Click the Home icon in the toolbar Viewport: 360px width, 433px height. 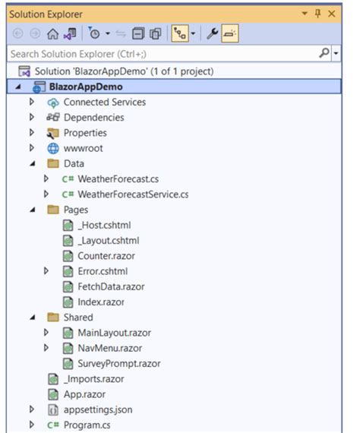[x=52, y=34]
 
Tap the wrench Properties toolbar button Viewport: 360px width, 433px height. [x=212, y=33]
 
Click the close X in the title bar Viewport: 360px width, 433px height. [x=331, y=14]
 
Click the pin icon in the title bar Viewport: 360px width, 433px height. [x=317, y=14]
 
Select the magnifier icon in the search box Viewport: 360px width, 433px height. [x=324, y=52]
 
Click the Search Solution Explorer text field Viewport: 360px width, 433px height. [x=163, y=54]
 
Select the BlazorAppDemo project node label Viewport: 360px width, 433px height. [x=86, y=87]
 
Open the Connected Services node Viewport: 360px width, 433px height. [x=105, y=103]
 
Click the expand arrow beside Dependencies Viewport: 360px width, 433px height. [x=32, y=117]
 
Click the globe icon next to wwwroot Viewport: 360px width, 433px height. [x=53, y=148]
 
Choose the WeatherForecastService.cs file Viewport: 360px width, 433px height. [x=133, y=194]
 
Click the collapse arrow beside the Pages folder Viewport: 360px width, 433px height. [x=33, y=210]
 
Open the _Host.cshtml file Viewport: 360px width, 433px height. [x=104, y=226]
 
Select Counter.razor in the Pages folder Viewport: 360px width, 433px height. [x=106, y=256]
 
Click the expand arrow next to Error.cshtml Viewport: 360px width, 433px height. [x=46, y=271]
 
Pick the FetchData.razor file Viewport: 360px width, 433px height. [x=111, y=286]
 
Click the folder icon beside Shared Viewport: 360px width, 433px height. [x=53, y=318]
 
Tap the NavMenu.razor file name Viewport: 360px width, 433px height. [x=110, y=348]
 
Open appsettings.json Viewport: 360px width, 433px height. [x=98, y=409]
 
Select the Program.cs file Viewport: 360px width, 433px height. [x=87, y=425]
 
